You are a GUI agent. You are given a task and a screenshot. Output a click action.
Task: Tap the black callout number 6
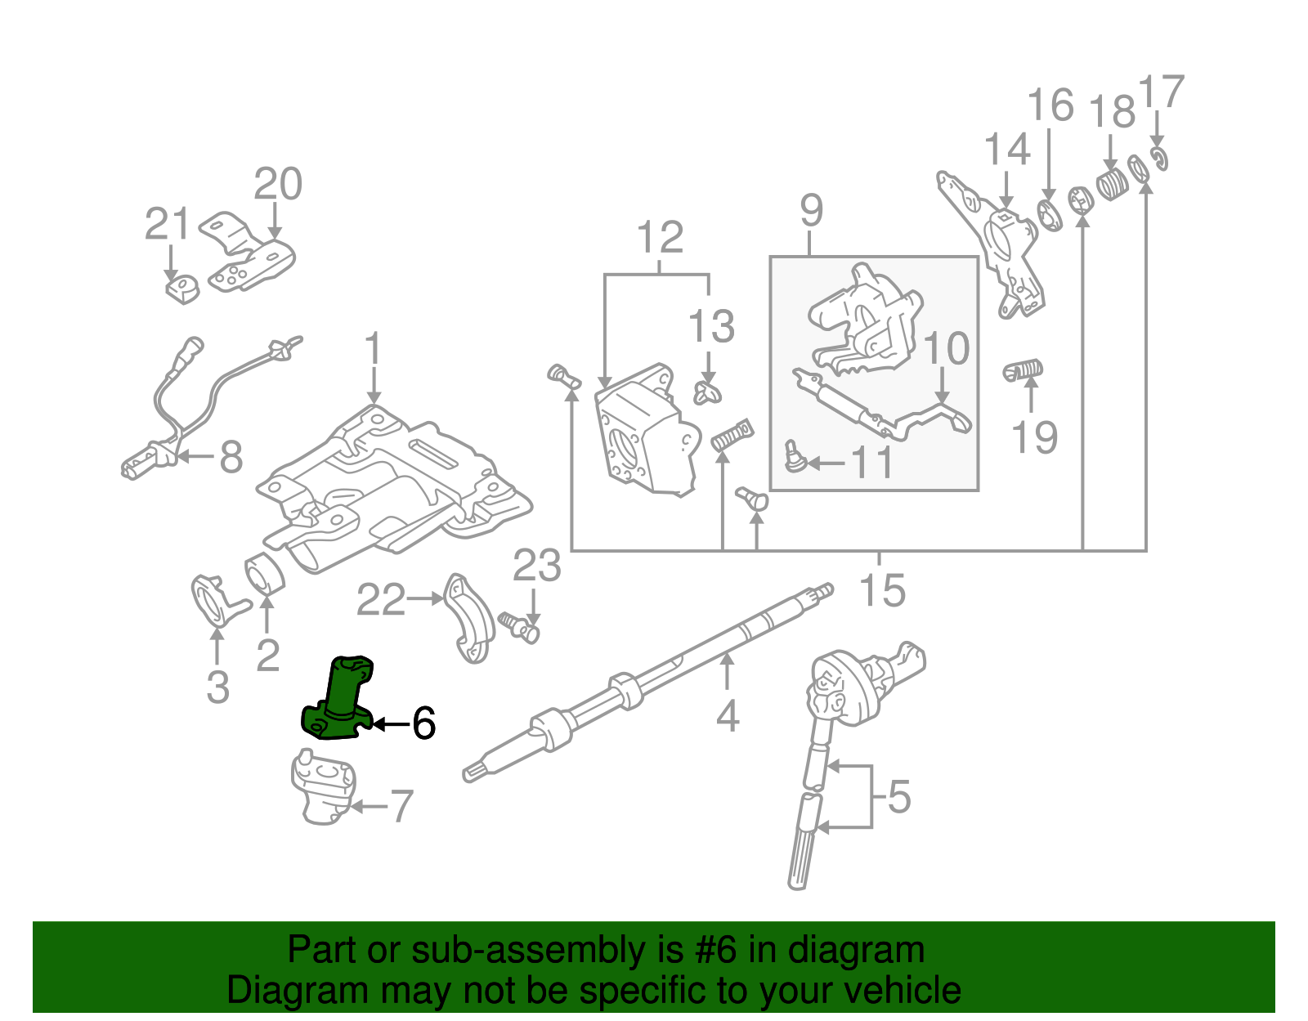[423, 723]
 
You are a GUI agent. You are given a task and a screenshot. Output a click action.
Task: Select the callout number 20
[278, 184]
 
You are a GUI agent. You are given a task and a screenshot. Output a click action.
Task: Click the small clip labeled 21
[183, 289]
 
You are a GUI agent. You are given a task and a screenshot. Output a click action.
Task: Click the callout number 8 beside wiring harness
[231, 457]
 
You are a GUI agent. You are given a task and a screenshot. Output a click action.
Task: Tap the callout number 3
[217, 687]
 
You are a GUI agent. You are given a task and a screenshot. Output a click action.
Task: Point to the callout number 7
[401, 807]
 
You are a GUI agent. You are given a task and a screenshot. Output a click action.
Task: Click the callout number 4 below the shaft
[727, 716]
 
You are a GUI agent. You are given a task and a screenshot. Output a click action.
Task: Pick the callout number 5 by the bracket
[898, 797]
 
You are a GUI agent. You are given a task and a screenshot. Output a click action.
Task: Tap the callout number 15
[883, 590]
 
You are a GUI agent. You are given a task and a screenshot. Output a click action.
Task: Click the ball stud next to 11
[792, 455]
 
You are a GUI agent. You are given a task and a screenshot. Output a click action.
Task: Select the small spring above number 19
[1023, 371]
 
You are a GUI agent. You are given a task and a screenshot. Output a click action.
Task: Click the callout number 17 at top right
[1162, 92]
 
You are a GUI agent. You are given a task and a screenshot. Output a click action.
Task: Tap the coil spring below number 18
[1111, 185]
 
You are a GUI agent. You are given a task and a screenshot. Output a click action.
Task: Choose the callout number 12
[660, 238]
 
